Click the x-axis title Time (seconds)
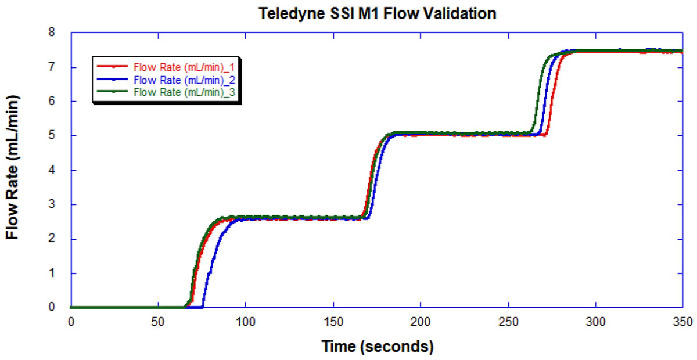tap(378, 347)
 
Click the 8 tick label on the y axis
tap(59, 33)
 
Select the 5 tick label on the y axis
tap(59, 136)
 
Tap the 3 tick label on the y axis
tap(59, 204)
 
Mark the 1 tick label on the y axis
tap(59, 273)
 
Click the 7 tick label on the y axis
tap(59, 67)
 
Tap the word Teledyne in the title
tap(285, 13)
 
